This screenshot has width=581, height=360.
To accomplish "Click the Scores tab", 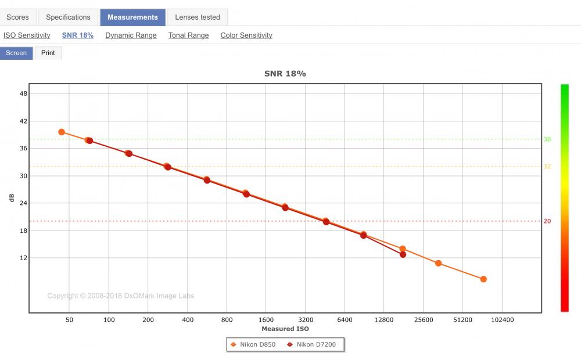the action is click(x=18, y=17).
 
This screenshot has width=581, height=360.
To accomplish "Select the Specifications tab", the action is click(x=68, y=17).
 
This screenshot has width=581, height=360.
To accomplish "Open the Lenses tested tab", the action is click(x=198, y=17).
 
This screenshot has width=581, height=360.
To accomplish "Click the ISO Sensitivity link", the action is click(x=27, y=35).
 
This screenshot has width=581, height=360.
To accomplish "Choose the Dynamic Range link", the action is click(x=131, y=35).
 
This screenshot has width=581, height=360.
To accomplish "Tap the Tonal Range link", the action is click(x=189, y=35).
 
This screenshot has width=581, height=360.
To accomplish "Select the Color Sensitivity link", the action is click(x=246, y=35).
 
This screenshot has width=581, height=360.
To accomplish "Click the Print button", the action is click(x=48, y=53).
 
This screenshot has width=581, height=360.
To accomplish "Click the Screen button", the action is click(x=16, y=53).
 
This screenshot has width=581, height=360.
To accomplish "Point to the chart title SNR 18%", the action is click(x=285, y=74).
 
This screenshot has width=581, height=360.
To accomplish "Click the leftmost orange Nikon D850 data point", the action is click(x=62, y=132).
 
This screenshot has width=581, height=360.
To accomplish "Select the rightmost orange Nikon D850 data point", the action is click(x=483, y=279).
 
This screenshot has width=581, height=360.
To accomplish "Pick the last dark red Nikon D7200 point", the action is click(x=403, y=254).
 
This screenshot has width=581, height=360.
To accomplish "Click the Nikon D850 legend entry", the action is click(x=253, y=344).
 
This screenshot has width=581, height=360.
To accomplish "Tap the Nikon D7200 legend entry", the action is click(x=311, y=344).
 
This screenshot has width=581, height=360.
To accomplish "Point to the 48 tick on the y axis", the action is click(x=23, y=93).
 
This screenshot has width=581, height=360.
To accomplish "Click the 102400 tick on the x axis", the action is click(x=503, y=319).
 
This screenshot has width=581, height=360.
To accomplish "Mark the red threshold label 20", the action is click(x=547, y=221).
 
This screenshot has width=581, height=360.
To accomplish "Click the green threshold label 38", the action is click(x=547, y=139).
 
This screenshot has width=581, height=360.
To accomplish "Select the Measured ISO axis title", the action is click(x=285, y=329).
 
